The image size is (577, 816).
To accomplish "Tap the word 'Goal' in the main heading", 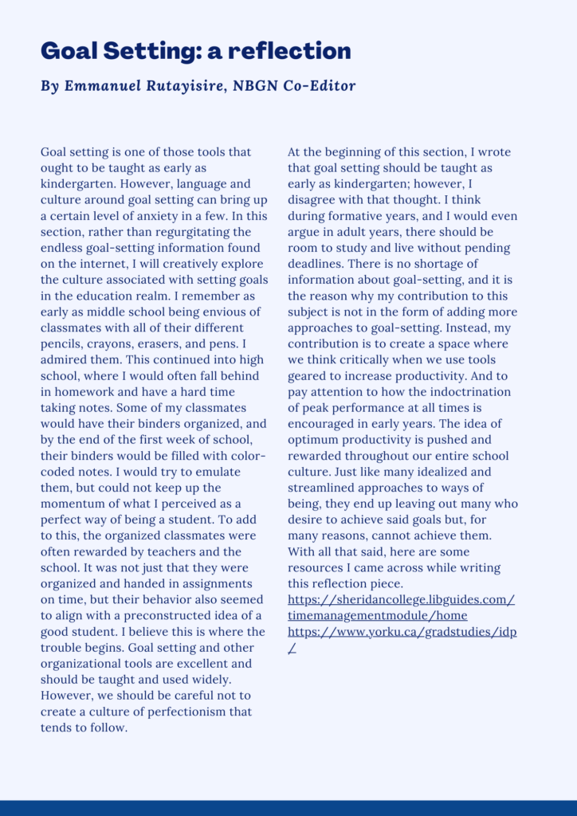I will pos(66,51).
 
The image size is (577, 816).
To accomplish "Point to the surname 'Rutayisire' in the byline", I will pos(183,86).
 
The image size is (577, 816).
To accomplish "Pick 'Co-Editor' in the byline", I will pos(318,86).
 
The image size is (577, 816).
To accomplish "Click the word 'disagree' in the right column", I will pos(312,200).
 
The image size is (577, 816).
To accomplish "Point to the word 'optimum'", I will pos(313,439).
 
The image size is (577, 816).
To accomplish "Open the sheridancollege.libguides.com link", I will pos(401,599).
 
